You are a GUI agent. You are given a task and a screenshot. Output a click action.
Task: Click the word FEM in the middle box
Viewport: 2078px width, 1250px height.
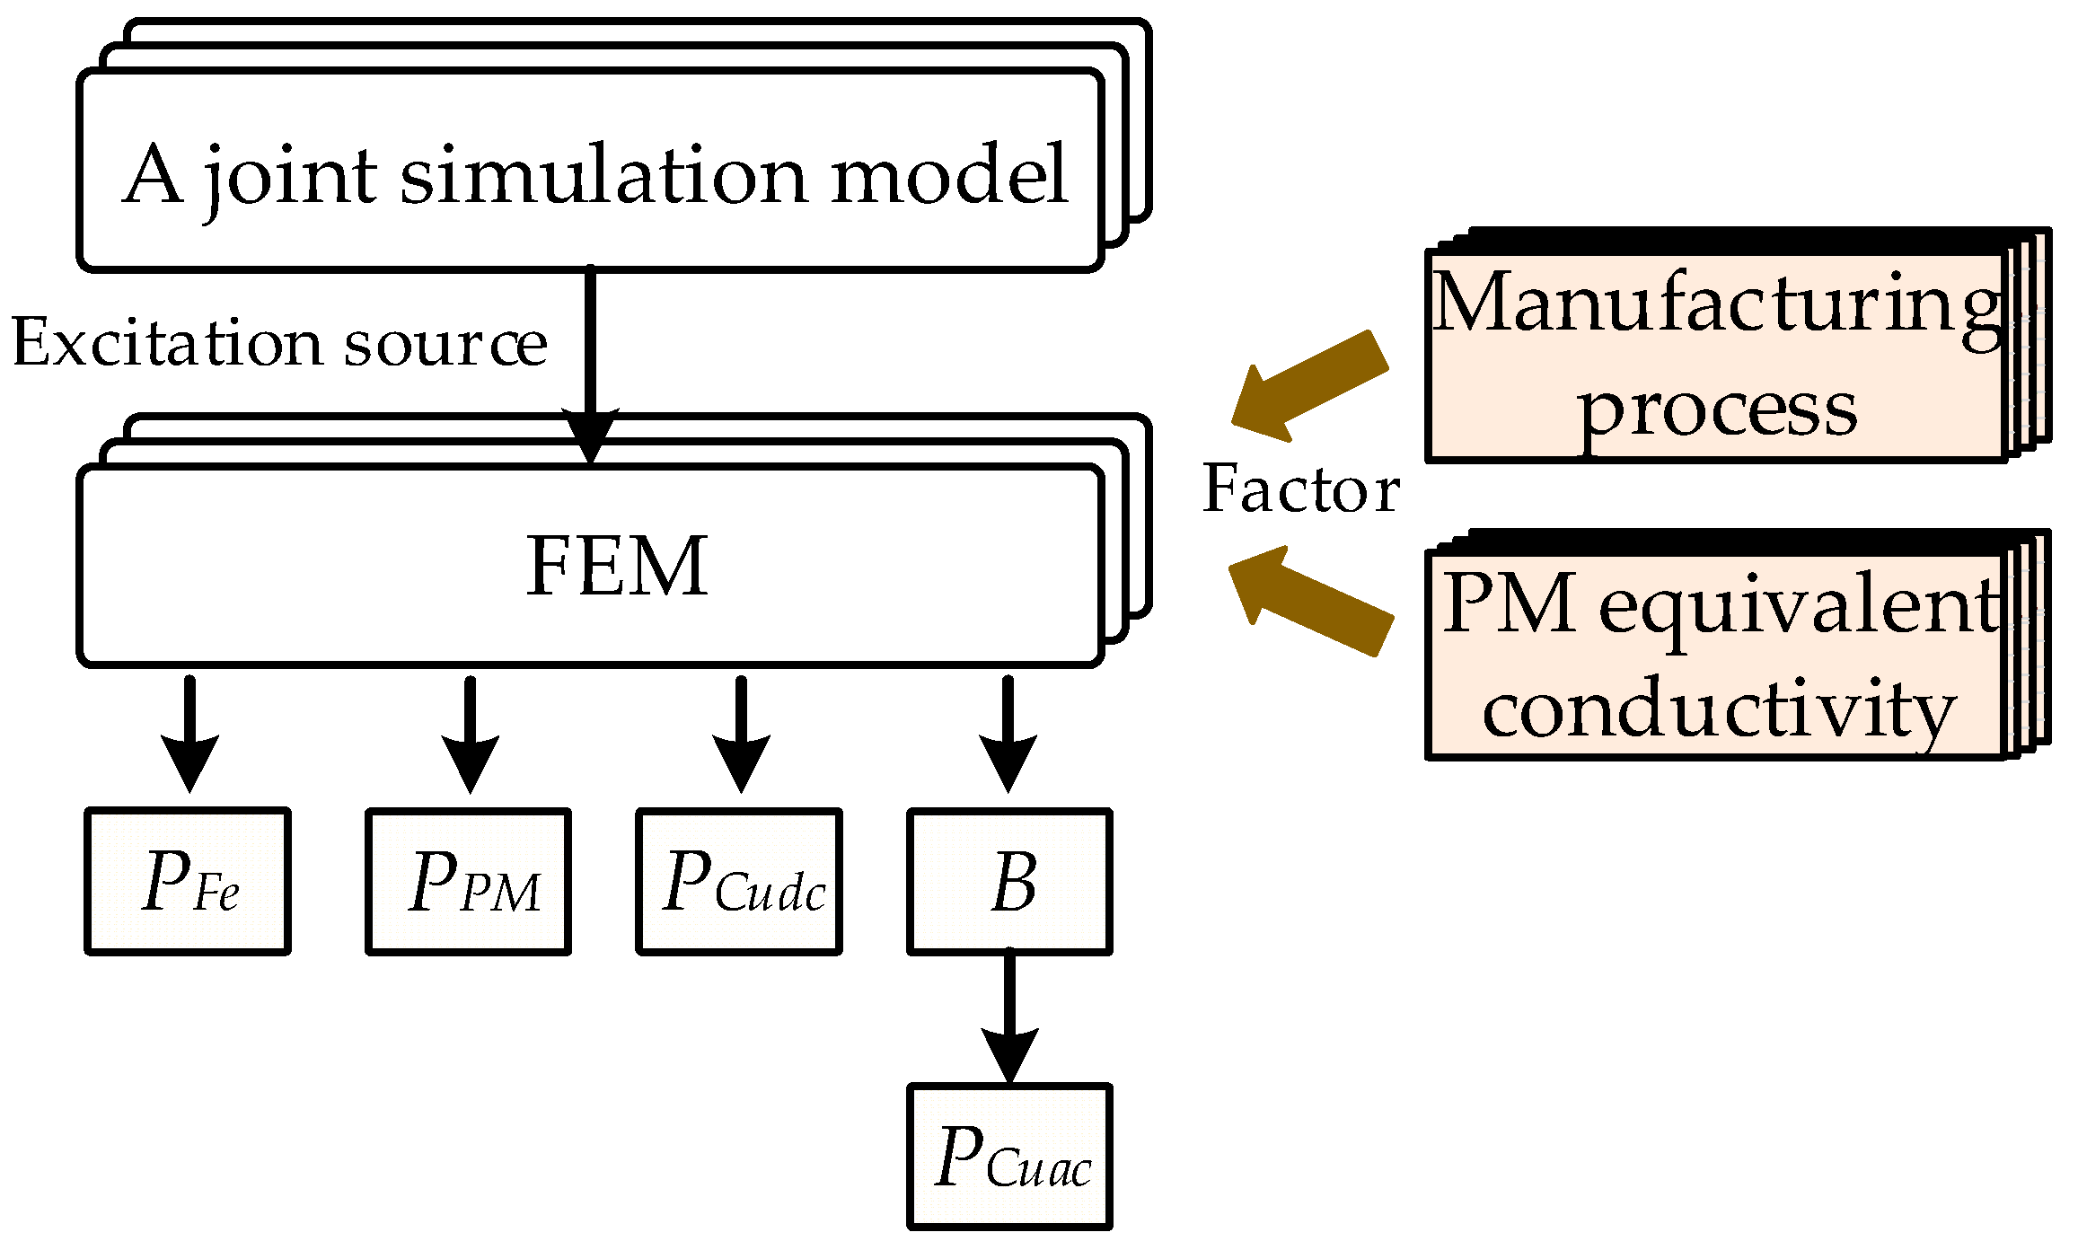[x=617, y=566]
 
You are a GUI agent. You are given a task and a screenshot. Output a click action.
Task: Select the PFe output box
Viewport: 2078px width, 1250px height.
[x=188, y=881]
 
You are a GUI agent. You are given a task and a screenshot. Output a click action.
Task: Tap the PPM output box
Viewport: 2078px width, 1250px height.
[x=469, y=881]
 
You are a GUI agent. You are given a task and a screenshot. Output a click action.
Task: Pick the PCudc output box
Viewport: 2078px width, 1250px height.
[x=739, y=881]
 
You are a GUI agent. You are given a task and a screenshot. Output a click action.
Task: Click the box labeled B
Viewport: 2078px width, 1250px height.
[x=1010, y=881]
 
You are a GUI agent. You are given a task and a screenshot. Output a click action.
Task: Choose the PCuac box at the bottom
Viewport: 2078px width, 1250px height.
[x=1010, y=1157]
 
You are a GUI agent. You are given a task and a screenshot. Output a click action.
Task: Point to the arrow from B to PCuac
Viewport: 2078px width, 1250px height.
[x=1010, y=1018]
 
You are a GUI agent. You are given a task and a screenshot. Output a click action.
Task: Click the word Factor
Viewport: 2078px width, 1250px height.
[x=1301, y=489]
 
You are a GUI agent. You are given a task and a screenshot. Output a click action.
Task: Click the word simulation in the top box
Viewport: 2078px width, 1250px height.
[x=603, y=174]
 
